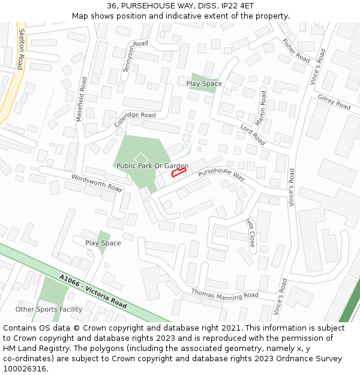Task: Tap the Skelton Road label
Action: tap(20, 49)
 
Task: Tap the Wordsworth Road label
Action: tap(96, 182)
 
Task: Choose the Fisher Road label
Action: tap(295, 51)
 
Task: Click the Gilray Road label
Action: tap(334, 103)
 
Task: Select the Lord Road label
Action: tap(253, 135)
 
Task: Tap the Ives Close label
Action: tap(250, 232)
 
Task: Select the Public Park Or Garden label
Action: tap(152, 166)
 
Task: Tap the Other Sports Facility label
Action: tap(49, 310)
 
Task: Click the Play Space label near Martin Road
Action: tap(204, 84)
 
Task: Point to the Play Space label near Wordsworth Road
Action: tap(103, 243)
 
